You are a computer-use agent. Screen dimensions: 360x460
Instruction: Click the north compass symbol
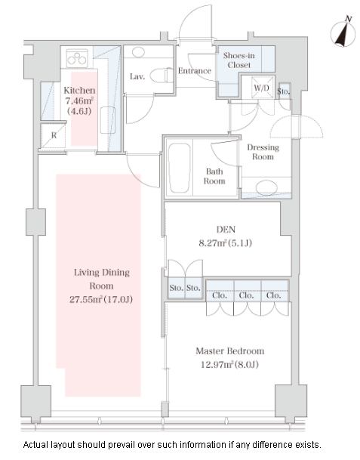(x=343, y=33)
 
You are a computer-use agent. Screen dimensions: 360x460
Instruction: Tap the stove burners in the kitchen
(x=77, y=58)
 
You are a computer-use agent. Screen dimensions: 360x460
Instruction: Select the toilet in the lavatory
(x=162, y=76)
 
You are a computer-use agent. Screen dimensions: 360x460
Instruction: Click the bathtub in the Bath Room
(x=179, y=168)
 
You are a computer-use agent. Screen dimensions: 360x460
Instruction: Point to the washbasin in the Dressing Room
(x=266, y=188)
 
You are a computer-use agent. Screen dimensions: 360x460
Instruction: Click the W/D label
(x=261, y=88)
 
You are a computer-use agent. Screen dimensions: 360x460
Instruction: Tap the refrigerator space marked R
(x=54, y=135)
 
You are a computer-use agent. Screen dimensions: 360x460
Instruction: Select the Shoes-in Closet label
(x=238, y=60)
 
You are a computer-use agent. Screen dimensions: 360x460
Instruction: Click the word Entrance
(x=195, y=71)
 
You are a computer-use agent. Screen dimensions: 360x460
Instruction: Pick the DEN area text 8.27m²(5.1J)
(x=225, y=243)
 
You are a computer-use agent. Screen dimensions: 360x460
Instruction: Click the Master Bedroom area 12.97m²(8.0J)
(x=229, y=364)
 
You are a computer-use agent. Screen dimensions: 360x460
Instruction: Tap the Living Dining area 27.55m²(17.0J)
(x=101, y=299)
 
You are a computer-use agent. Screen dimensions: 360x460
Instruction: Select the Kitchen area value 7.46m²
(x=79, y=100)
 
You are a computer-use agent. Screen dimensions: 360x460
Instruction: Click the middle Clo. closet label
(x=246, y=295)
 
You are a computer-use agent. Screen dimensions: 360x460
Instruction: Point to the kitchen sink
(x=108, y=120)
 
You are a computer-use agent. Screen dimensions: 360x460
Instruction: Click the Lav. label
(x=137, y=76)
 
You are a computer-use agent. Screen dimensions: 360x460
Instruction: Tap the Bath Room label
(x=214, y=176)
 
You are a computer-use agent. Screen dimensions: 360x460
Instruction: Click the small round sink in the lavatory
(x=138, y=52)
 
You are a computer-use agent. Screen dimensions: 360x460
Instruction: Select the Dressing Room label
(x=263, y=152)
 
